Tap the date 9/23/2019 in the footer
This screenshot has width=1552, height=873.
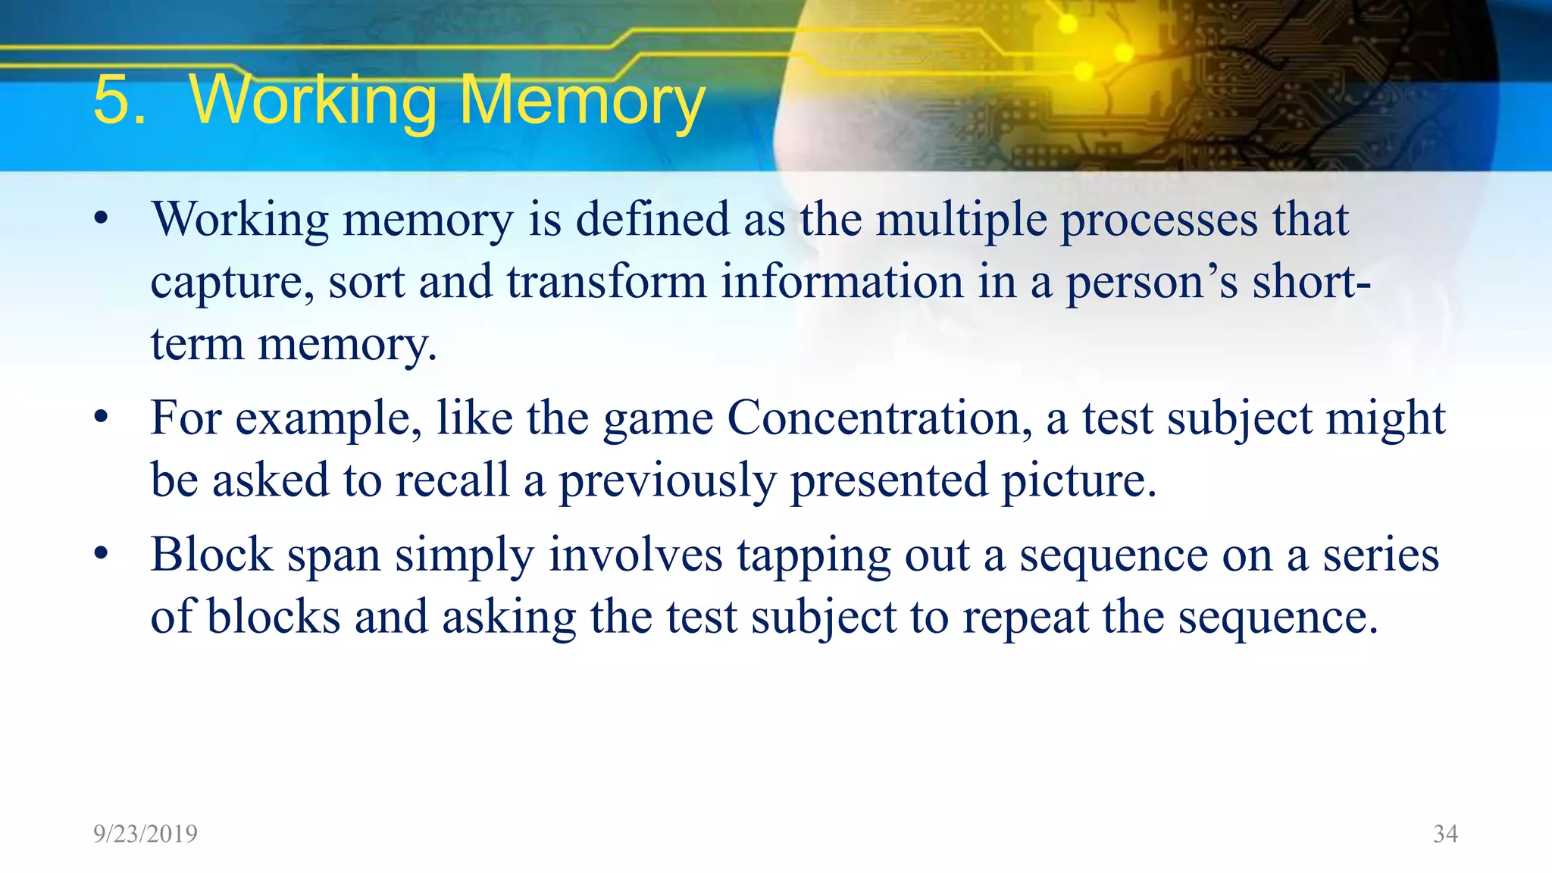tap(145, 834)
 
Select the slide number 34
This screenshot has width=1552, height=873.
tap(1445, 834)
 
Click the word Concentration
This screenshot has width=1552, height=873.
tap(878, 418)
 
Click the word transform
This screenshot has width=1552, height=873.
tap(606, 282)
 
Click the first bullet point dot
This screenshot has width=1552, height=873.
tap(102, 220)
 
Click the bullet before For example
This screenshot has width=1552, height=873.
tap(102, 418)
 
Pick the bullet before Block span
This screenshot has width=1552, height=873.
tap(102, 554)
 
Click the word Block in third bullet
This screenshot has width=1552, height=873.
tap(211, 555)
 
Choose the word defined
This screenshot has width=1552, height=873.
tap(652, 221)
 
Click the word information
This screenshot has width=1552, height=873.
tap(841, 282)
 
